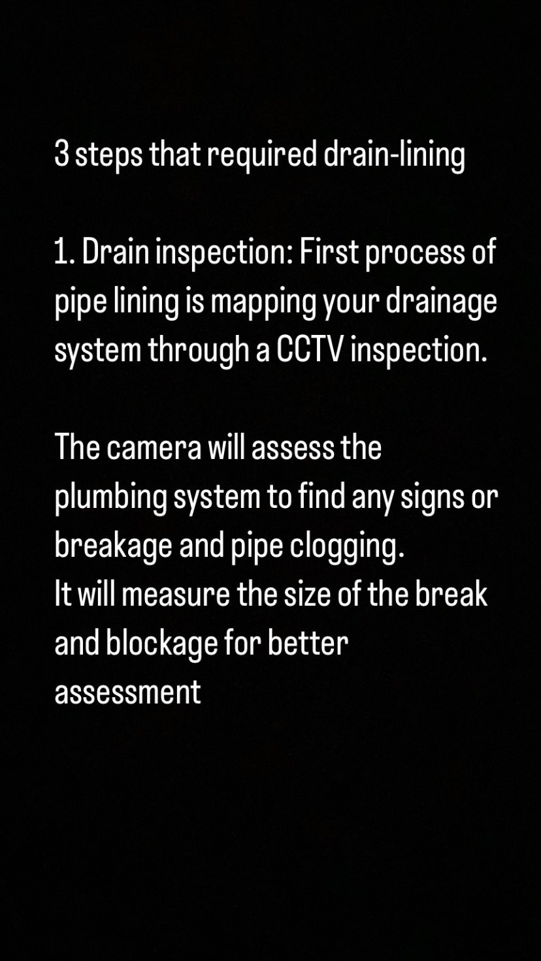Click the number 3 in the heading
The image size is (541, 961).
click(x=61, y=155)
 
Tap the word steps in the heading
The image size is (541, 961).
click(x=108, y=157)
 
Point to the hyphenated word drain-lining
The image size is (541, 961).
click(x=394, y=156)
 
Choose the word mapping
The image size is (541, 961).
click(x=263, y=303)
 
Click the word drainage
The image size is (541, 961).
click(x=442, y=303)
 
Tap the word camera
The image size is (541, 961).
click(x=154, y=450)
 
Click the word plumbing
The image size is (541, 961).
click(x=111, y=499)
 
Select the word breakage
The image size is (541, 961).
click(x=113, y=547)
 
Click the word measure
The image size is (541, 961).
click(x=176, y=597)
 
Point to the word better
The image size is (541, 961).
click(x=308, y=644)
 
